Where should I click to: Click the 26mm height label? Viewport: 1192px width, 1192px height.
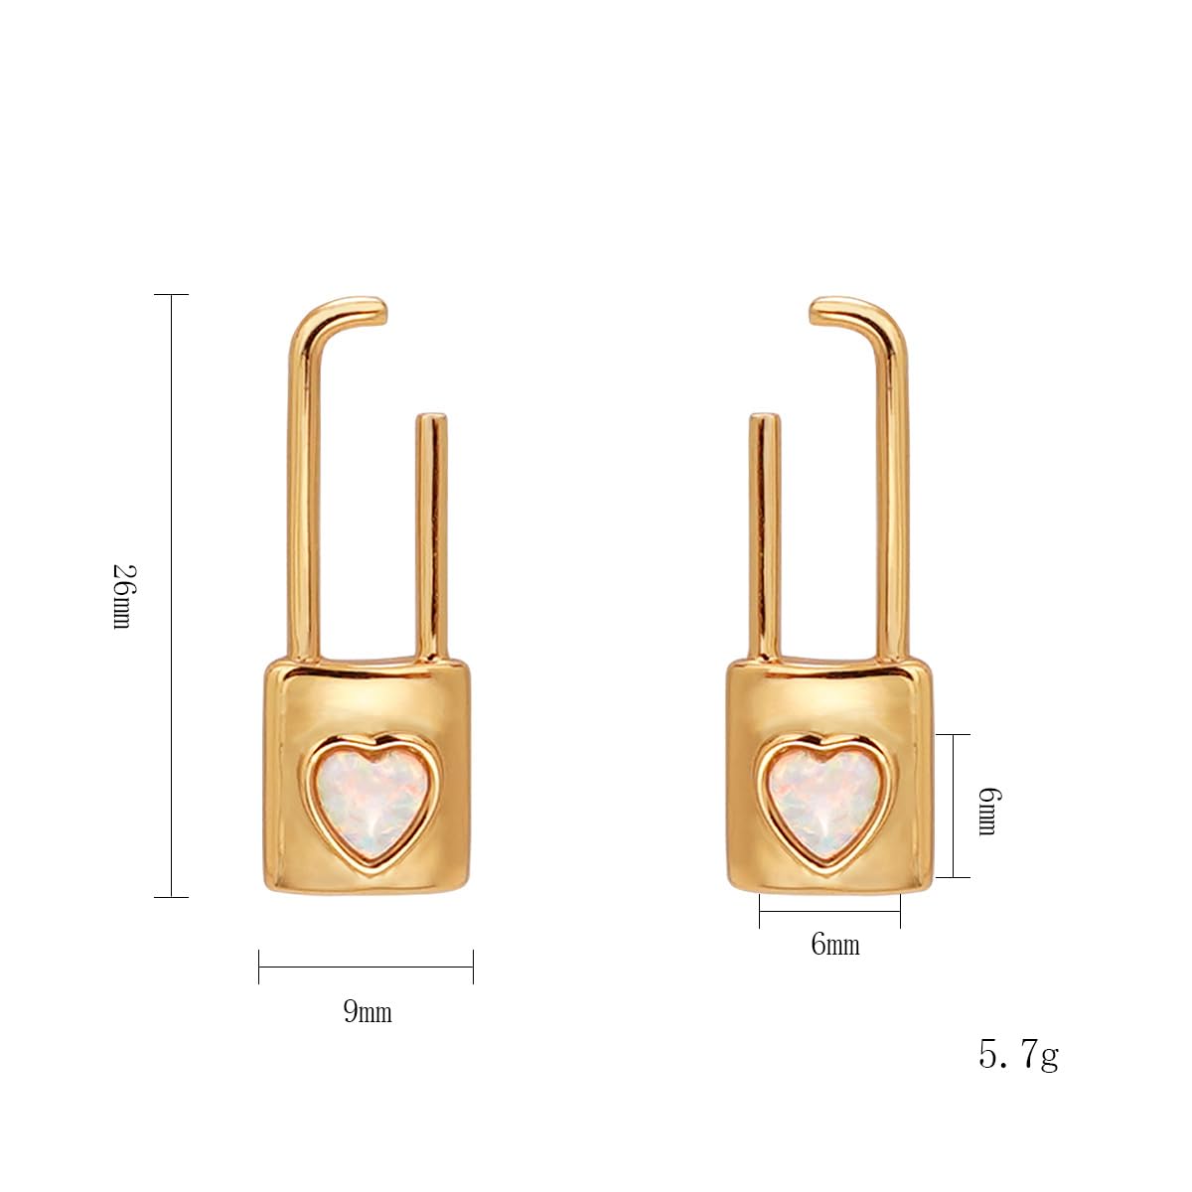coord(122,596)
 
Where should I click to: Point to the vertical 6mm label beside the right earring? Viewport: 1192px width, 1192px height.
coord(987,811)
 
